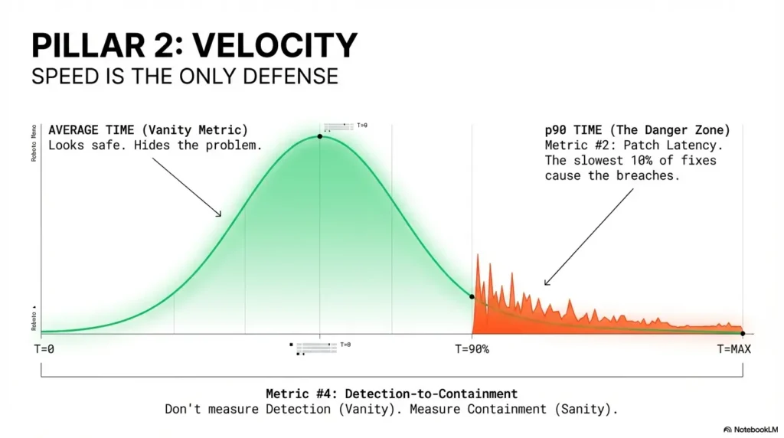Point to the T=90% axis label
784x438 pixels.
tap(472, 349)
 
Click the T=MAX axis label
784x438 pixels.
tap(734, 349)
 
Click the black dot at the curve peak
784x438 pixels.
tap(319, 136)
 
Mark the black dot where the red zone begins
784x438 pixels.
tap(472, 296)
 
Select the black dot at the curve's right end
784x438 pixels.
tap(742, 333)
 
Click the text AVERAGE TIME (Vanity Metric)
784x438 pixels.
tap(148, 130)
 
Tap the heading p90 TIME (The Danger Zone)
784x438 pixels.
tap(637, 130)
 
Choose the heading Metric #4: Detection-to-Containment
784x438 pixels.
tap(391, 394)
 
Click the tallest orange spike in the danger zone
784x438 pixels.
tap(477, 260)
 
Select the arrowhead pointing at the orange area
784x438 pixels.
tap(547, 283)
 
